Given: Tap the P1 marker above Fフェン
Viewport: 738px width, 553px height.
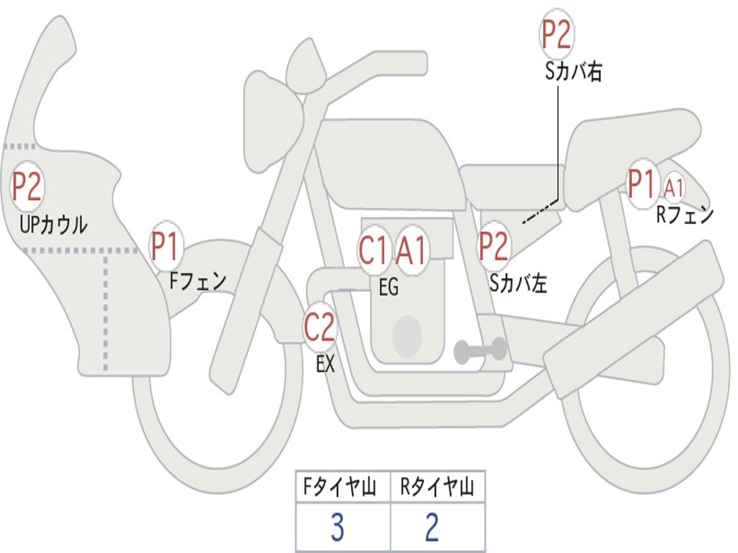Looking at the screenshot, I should pyautogui.click(x=166, y=246).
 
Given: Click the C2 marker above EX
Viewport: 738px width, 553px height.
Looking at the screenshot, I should pyautogui.click(x=319, y=328).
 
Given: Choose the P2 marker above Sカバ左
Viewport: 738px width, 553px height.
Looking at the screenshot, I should pyautogui.click(x=495, y=246).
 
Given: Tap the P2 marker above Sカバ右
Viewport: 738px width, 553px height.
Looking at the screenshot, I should pyautogui.click(x=556, y=35).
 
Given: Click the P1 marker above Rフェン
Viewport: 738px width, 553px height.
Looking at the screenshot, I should pyautogui.click(x=643, y=184).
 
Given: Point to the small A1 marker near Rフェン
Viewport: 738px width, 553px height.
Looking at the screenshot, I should pyautogui.click(x=674, y=188).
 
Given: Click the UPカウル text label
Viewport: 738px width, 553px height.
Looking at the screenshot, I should pyautogui.click(x=53, y=225).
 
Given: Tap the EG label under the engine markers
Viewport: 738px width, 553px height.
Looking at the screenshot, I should pyautogui.click(x=388, y=287).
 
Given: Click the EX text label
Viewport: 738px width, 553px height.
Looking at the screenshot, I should pyautogui.click(x=326, y=364).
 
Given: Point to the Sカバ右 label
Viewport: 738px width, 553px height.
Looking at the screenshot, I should pyautogui.click(x=574, y=72).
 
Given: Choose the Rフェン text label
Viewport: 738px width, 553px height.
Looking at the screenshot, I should pyautogui.click(x=684, y=215).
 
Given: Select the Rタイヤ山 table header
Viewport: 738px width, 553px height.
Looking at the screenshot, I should pyautogui.click(x=437, y=489).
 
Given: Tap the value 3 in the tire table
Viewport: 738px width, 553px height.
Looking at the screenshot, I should pyautogui.click(x=337, y=528).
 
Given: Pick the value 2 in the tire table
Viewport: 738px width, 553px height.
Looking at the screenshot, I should pyautogui.click(x=432, y=528).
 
